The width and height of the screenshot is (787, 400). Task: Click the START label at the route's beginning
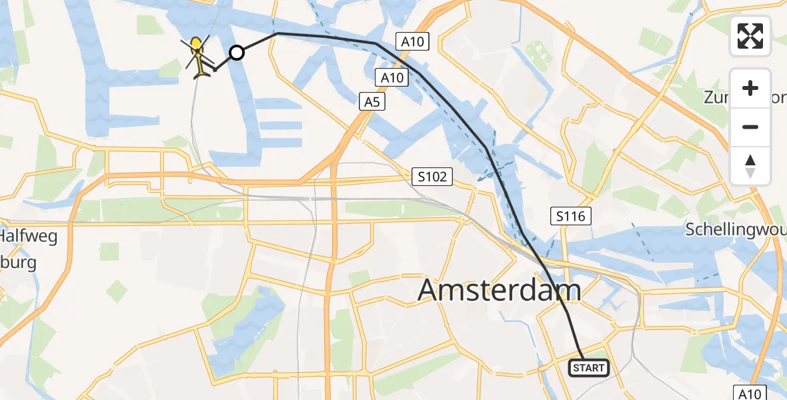588,368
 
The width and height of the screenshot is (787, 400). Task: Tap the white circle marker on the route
237,52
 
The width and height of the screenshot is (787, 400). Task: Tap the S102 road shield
432,177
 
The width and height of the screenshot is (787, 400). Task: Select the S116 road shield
571,215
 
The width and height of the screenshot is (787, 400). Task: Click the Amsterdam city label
499,291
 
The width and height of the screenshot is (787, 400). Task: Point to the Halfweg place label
29,236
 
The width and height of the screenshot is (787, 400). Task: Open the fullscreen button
750,36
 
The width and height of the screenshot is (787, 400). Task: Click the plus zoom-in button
750,88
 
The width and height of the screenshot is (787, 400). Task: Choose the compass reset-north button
750,165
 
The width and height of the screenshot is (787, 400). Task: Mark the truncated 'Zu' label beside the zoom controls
714,98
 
